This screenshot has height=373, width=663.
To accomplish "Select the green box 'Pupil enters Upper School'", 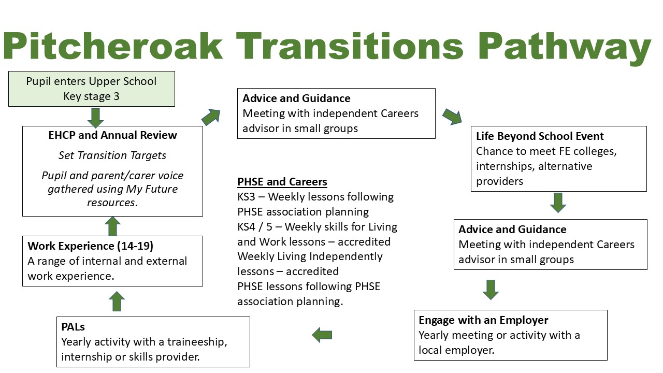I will click(92, 89).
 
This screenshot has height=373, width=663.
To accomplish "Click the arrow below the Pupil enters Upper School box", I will click(95, 117).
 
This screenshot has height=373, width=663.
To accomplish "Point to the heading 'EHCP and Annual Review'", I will click(112, 135).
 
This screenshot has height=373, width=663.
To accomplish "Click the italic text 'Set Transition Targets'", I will click(112, 155).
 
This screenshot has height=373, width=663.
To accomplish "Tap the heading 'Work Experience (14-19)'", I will click(91, 246).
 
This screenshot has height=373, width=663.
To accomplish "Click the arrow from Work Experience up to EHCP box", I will click(112, 226).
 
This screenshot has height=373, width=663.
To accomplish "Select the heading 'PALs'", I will click(73, 327).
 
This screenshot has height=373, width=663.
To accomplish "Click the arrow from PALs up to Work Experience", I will click(118, 301).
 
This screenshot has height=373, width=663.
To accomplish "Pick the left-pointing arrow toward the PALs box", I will click(322, 335).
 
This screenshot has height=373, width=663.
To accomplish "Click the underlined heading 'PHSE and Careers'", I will click(282, 182).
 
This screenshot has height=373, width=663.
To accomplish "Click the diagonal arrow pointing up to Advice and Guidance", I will click(211, 117).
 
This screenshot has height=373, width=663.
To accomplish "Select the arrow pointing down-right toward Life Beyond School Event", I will click(452, 117).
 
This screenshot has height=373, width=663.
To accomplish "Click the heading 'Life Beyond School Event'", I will click(540, 136).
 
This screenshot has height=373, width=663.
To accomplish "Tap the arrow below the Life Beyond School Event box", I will click(558, 203).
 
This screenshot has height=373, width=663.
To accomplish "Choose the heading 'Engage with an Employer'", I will click(483, 320).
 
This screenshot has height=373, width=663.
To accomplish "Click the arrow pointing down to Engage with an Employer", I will click(491, 290).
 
